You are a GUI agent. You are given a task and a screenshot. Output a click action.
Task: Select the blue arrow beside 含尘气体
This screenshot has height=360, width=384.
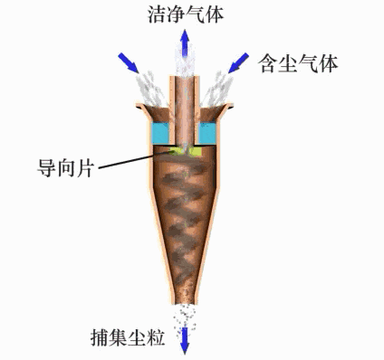238,62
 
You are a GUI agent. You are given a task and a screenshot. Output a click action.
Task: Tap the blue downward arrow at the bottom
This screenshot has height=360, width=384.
186,339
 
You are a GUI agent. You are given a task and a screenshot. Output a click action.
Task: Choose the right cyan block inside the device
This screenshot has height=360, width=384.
207,133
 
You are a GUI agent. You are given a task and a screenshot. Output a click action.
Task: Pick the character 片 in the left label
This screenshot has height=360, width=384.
84,169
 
